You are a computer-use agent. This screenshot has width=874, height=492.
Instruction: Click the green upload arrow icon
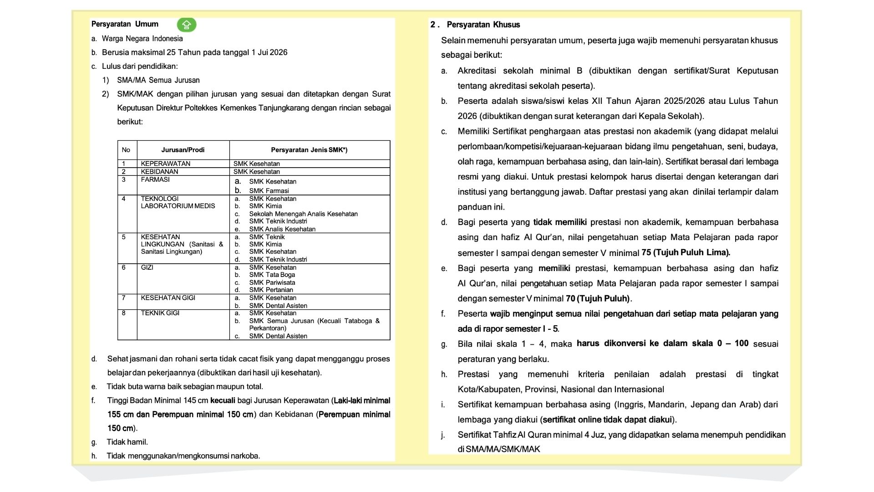click(187, 25)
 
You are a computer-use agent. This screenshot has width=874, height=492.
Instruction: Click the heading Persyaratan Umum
click(125, 24)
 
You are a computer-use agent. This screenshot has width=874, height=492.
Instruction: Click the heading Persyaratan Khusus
click(483, 25)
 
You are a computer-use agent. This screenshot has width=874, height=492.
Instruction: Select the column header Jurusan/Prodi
click(183, 150)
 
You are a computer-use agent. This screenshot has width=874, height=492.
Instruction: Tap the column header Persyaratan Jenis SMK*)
click(309, 150)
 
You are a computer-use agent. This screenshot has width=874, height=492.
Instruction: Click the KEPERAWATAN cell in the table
click(166, 164)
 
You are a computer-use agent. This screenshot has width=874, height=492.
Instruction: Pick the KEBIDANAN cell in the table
click(159, 172)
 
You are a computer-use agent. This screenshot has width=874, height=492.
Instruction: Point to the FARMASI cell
click(155, 179)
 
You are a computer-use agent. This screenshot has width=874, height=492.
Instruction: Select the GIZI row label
click(147, 267)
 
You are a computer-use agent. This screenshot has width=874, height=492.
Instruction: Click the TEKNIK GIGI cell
click(160, 313)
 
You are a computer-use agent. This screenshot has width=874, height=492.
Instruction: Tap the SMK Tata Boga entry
click(272, 275)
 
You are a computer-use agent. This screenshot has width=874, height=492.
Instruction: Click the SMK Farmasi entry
click(269, 191)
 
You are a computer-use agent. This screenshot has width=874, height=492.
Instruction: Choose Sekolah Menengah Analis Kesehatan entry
click(303, 214)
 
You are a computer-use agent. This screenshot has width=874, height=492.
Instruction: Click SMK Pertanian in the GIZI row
click(271, 290)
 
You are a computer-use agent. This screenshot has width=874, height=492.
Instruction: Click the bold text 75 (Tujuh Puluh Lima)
click(686, 252)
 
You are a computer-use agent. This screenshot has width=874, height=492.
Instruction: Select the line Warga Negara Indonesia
click(142, 39)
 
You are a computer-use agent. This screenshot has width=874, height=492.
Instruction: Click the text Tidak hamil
click(127, 442)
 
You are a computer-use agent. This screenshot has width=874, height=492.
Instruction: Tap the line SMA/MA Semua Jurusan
click(158, 80)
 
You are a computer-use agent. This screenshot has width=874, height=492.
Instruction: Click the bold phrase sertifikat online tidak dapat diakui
click(607, 420)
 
